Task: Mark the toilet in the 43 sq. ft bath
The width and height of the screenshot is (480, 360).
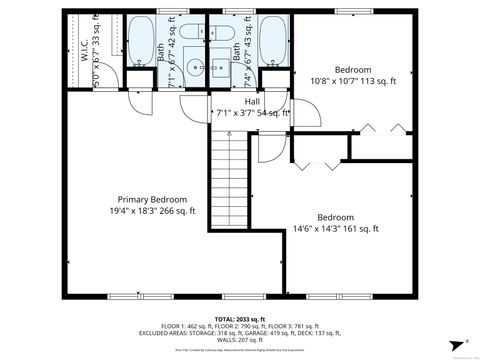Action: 269,76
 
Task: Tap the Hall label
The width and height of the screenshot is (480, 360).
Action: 253,101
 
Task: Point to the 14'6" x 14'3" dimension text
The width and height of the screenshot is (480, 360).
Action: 336,229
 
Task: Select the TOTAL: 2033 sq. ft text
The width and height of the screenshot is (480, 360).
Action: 240,317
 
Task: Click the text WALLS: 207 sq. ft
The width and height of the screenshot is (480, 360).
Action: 240,341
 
